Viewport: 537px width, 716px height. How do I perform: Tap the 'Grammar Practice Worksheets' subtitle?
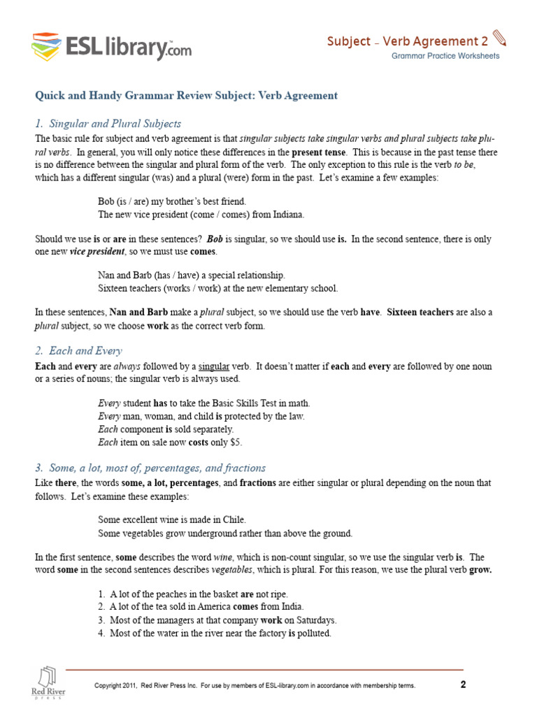tap(445, 56)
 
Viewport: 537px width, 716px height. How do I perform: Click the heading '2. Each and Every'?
tap(78, 350)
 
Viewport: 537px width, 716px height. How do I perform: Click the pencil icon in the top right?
tap(499, 38)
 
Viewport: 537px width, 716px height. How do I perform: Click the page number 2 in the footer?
tap(463, 685)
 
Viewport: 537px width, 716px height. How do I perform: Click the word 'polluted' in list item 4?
tap(314, 633)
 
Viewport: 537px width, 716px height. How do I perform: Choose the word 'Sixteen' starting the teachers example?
tap(113, 288)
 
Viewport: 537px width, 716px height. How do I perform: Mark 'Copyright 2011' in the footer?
tap(119, 686)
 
